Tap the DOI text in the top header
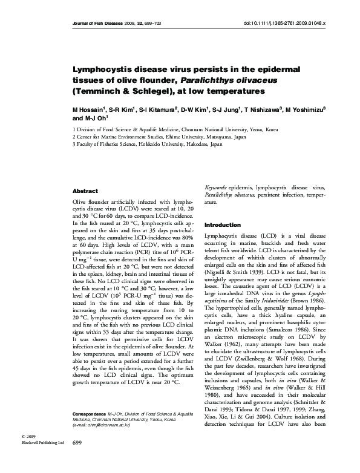(284, 23)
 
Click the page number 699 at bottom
(77, 461)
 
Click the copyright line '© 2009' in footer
(28, 453)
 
